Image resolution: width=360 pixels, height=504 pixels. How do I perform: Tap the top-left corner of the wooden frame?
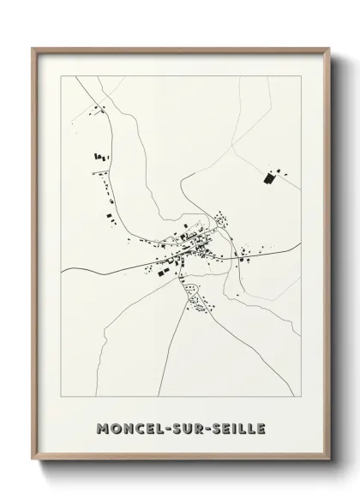[33, 48]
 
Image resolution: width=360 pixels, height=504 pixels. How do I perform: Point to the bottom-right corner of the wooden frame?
[327, 455]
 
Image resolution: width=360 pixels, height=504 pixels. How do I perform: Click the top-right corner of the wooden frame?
[327, 48]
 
